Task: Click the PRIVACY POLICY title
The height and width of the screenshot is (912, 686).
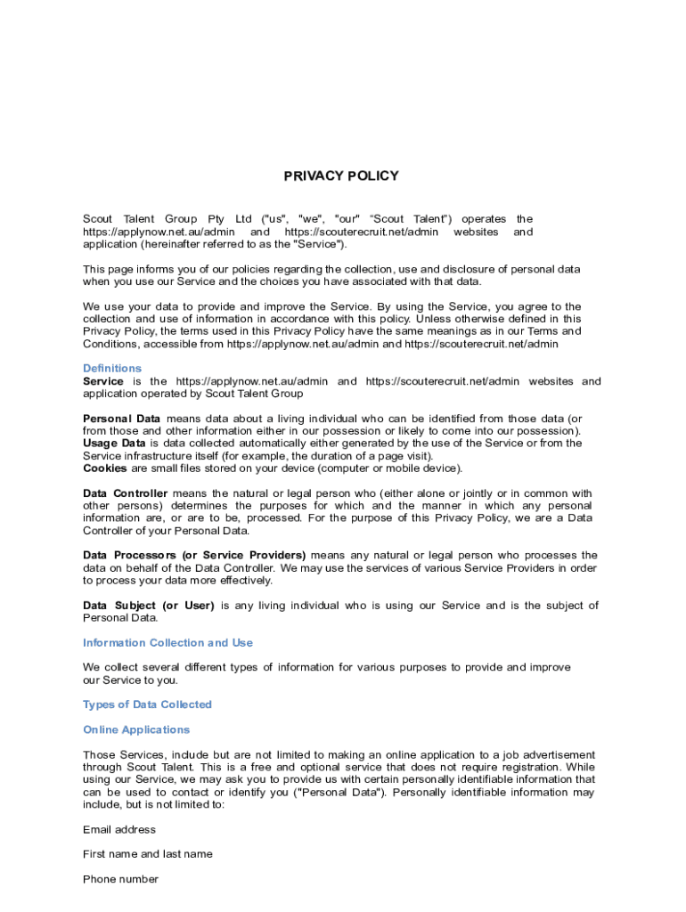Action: [341, 175]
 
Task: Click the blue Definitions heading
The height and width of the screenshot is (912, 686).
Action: [112, 368]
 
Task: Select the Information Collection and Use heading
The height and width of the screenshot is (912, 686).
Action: [167, 642]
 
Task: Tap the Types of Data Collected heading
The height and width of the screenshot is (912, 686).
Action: [147, 704]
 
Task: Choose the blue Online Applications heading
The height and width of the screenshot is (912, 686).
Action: [136, 729]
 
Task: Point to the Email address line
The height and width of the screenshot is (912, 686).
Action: [119, 829]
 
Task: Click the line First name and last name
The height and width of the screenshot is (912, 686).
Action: [148, 854]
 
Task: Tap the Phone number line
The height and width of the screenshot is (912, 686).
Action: [121, 879]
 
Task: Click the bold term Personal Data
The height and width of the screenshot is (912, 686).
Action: [122, 419]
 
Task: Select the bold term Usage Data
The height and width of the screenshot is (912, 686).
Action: [114, 443]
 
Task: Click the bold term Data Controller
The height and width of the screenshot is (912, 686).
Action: [126, 493]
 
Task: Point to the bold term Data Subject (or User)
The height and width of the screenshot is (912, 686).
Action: [149, 606]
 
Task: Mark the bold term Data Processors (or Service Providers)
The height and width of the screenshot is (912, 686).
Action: [194, 555]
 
